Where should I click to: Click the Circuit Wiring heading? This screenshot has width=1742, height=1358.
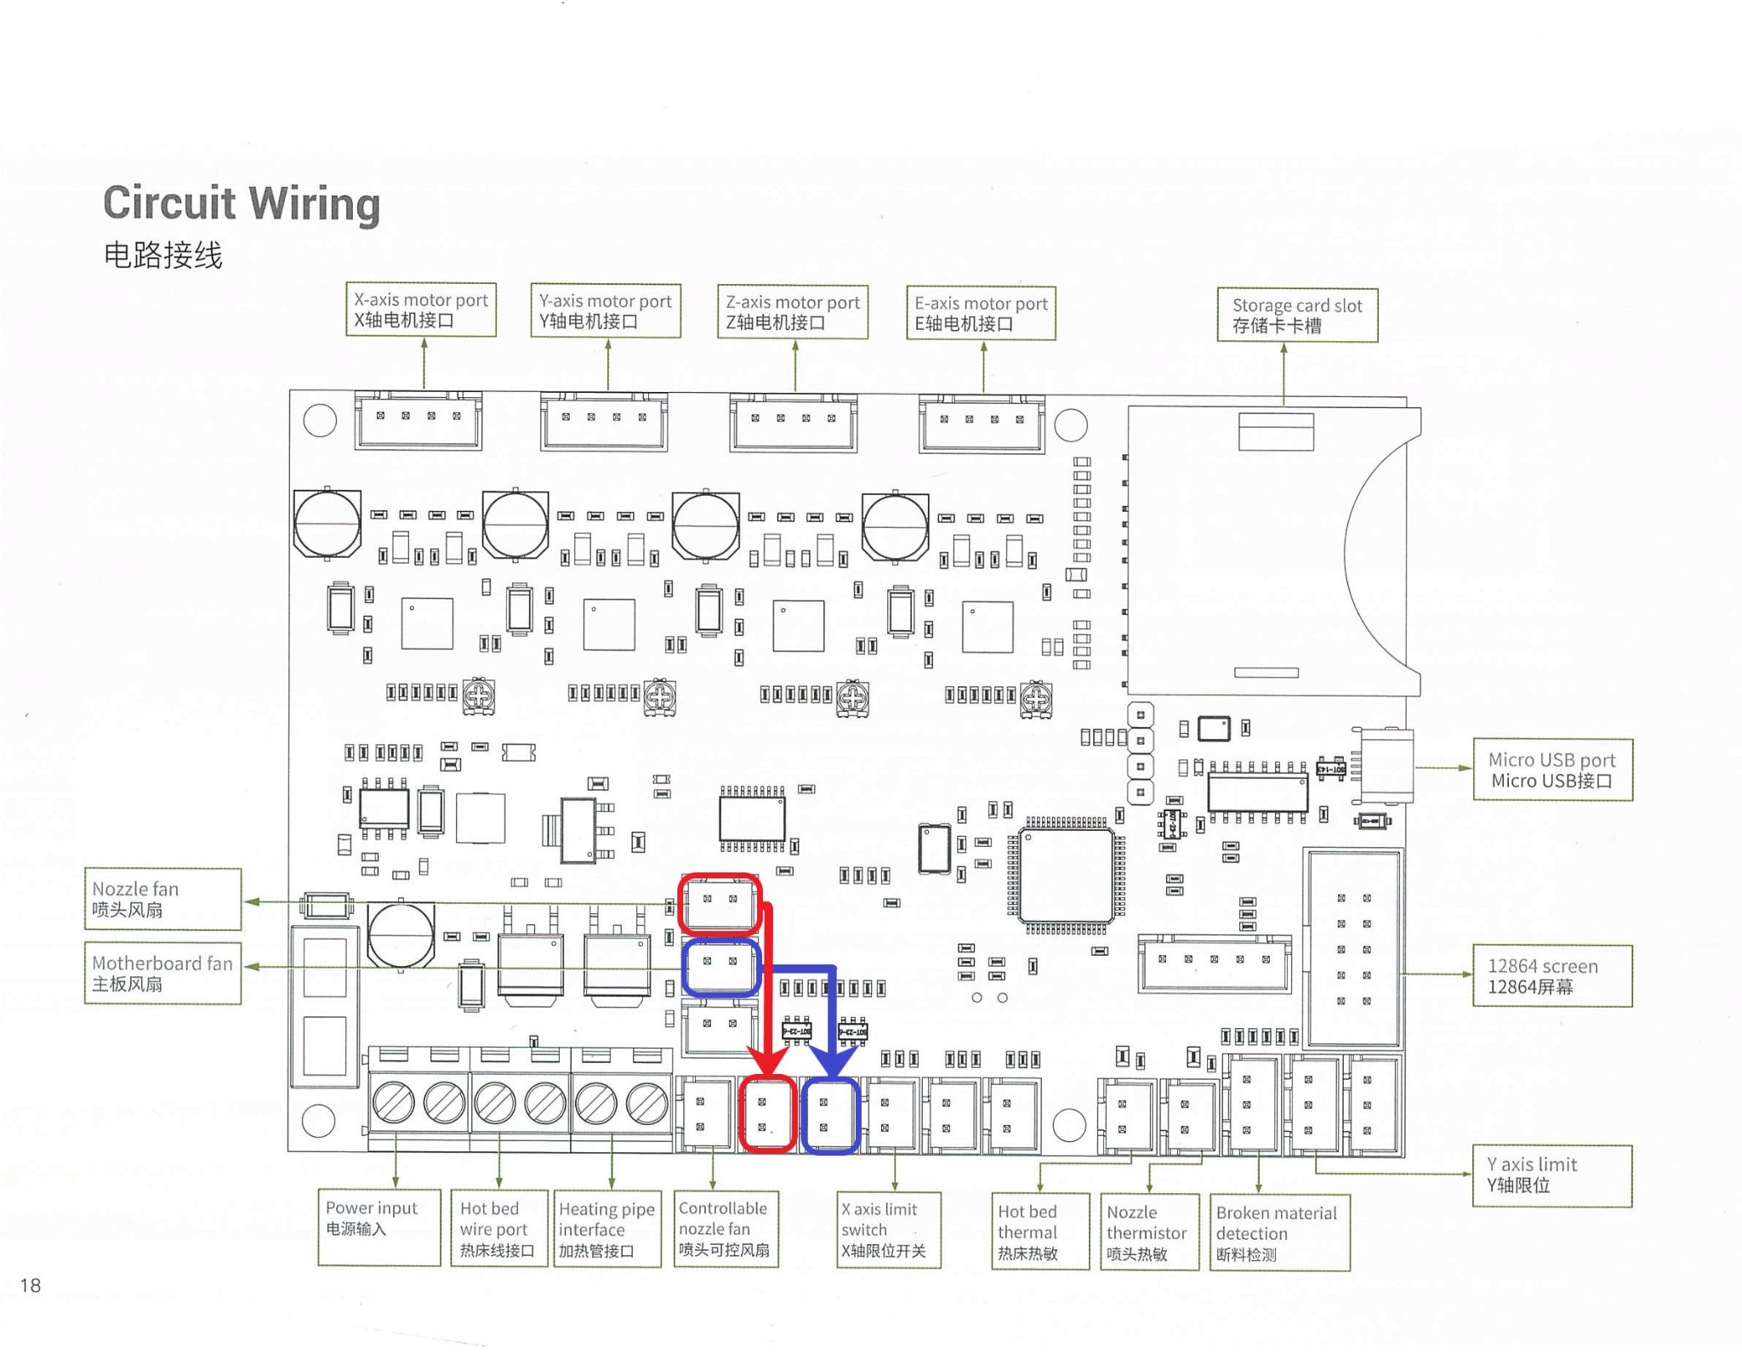(242, 204)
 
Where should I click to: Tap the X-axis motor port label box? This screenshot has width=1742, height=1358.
(421, 310)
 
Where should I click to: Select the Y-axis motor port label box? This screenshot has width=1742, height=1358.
(606, 311)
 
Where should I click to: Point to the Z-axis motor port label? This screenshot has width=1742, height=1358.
(793, 312)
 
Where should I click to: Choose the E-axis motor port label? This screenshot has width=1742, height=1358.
(981, 313)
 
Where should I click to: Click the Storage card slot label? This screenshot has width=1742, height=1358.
(1297, 315)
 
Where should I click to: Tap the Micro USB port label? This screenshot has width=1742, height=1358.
(1552, 770)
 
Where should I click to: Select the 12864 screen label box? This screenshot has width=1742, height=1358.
(1552, 976)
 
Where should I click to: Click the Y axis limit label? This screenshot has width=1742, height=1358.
(1552, 1175)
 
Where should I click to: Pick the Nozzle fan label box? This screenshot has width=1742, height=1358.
(162, 899)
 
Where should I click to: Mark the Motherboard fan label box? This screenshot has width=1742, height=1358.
(162, 973)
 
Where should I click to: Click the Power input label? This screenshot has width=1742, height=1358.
(379, 1227)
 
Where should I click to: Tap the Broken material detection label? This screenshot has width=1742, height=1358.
(1279, 1232)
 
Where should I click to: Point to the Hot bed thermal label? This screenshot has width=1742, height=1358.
(1039, 1231)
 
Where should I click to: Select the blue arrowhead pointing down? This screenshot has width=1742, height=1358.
(832, 1063)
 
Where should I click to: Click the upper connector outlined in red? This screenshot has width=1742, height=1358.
(720, 902)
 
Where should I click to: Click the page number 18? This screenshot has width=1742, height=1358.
(31, 1285)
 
